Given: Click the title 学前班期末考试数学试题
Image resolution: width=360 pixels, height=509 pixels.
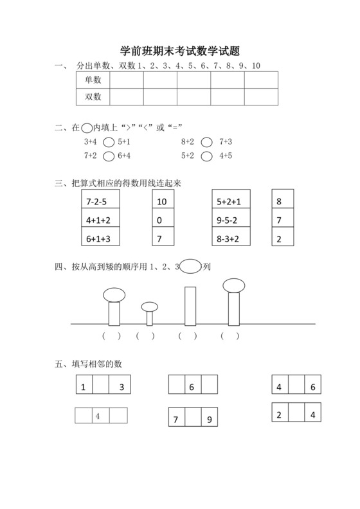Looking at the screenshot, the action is [x=180, y=51].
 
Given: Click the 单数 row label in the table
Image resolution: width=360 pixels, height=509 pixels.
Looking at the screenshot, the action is [x=93, y=80].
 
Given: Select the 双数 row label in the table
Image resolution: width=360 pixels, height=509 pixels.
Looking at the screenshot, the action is [x=93, y=96].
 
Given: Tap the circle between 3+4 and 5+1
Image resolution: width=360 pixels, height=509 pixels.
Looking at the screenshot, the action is [x=109, y=142].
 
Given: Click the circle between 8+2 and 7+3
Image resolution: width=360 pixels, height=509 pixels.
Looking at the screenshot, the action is [x=207, y=142].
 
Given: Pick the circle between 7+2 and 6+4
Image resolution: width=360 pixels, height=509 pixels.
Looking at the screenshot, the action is [x=109, y=156].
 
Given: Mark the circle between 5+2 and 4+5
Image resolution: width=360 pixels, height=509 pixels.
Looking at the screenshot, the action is [x=207, y=156].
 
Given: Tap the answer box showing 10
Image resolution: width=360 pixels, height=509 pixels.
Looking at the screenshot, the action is [x=163, y=202].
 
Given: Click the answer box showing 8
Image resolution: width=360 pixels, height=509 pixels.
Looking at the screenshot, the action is [x=283, y=202].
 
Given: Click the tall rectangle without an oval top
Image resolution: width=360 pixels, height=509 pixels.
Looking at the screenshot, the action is [x=190, y=305].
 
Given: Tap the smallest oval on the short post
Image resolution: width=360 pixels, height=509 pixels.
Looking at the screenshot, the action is [x=150, y=307].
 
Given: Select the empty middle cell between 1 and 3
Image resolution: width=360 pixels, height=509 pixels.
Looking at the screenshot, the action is [x=101, y=388].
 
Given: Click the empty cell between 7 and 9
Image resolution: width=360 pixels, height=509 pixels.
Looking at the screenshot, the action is [x=193, y=420].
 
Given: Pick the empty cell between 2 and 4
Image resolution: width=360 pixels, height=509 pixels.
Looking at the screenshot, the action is [x=296, y=415].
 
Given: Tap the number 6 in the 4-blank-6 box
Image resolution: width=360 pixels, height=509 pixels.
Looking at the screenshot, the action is [x=312, y=388].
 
